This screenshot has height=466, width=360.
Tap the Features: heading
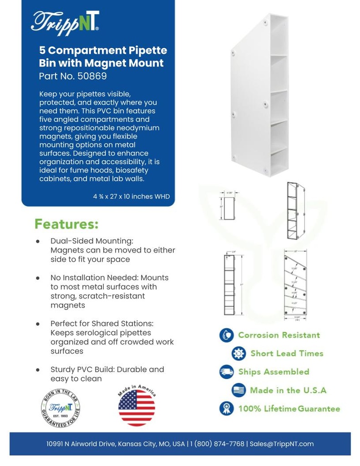[66, 224]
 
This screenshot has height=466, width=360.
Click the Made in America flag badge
[137, 406]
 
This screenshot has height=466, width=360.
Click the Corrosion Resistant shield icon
[226, 335]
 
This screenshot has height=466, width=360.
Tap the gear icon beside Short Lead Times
[238, 354]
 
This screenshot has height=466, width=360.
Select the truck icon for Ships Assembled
[226, 372]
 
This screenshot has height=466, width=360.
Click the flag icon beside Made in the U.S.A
[238, 390]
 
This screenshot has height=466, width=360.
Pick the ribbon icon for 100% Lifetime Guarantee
[226, 409]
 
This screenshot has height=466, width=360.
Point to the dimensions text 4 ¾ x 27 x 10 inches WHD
[131, 197]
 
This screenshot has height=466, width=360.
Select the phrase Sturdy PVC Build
[81, 370]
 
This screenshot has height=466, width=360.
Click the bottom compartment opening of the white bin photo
[279, 162]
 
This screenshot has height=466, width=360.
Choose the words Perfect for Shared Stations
[102, 324]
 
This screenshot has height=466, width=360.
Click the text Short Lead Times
[287, 354]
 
